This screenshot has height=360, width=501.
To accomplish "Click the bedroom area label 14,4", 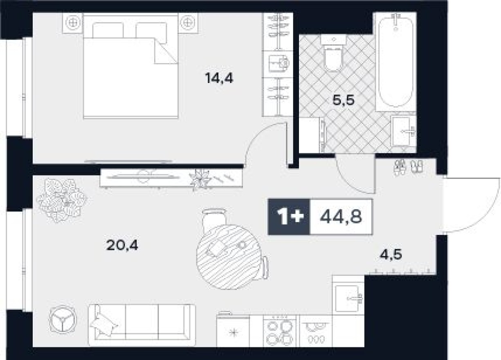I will [219, 78].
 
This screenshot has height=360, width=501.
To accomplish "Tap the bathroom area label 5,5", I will [342, 100].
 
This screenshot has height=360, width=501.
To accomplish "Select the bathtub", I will [395, 61].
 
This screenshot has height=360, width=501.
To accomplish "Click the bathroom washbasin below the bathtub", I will [403, 130].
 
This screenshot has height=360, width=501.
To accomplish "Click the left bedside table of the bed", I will [73, 22].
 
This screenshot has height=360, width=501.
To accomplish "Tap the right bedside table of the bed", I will [188, 22].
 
